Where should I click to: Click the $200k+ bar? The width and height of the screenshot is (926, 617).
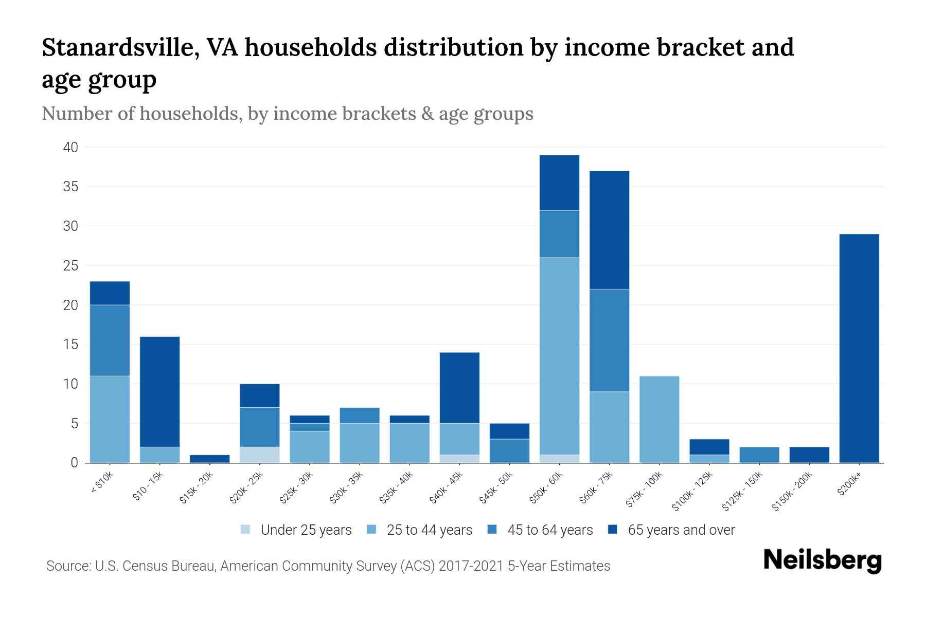click(x=859, y=348)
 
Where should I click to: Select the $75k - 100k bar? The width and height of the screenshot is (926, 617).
click(x=659, y=419)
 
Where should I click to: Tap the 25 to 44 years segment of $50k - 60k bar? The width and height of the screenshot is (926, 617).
click(x=559, y=356)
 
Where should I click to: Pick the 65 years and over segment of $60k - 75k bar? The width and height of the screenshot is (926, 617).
click(x=609, y=230)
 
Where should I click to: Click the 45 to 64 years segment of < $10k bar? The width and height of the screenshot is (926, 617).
click(x=110, y=340)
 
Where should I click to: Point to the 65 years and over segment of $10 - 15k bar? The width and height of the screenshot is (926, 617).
click(x=159, y=391)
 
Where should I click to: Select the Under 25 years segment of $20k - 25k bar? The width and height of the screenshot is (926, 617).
click(x=259, y=455)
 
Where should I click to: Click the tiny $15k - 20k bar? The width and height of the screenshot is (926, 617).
click(x=209, y=459)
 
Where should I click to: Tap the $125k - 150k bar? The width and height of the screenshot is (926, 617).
click(x=759, y=455)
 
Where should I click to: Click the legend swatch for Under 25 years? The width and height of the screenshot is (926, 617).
click(x=246, y=530)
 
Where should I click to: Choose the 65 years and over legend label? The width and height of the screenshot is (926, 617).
click(x=681, y=530)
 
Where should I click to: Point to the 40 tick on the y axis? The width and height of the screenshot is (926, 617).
click(x=70, y=148)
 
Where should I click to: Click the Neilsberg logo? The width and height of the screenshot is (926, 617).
click(x=822, y=560)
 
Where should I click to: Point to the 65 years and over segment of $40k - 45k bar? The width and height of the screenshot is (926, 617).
click(x=459, y=388)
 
